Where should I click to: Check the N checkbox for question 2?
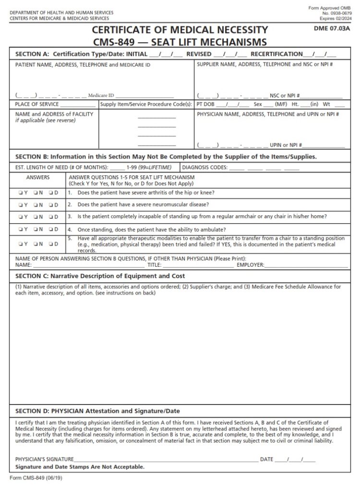pos(36,205)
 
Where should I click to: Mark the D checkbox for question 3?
pos(51,217)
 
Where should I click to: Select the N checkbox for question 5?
pos(36,244)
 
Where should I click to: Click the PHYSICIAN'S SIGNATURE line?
pos(166,460)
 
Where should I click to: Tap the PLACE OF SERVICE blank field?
pos(78,104)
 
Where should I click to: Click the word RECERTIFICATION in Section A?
pos(276,54)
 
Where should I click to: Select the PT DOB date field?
pos(233,104)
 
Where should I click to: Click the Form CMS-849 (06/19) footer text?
pos(36,479)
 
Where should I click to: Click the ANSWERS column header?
pos(38,177)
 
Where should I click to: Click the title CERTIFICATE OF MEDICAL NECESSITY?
pos(180,30)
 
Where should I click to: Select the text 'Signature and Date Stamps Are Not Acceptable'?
pos(80,467)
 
